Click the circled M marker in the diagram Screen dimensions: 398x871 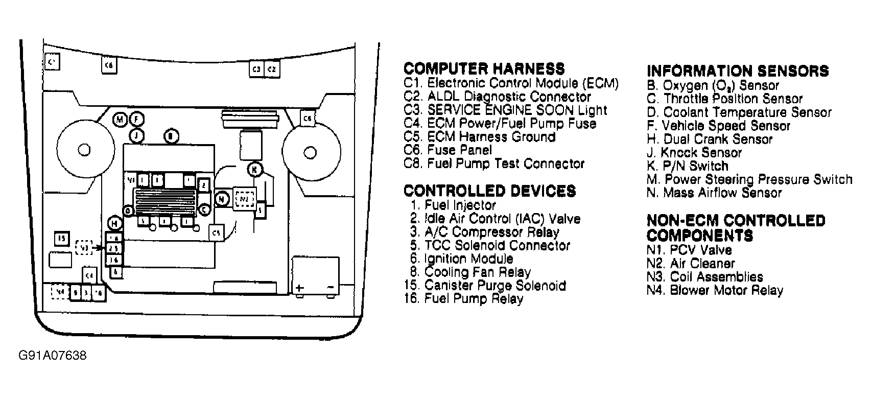120,120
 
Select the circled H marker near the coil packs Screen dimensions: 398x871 115,223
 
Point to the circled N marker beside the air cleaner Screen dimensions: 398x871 222,198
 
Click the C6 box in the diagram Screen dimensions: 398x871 108,65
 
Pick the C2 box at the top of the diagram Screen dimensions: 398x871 272,69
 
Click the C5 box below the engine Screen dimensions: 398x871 217,233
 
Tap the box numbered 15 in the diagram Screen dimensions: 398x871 62,239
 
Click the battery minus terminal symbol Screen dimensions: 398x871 330,288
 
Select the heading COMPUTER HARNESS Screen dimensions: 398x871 484,69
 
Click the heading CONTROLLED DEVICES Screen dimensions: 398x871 489,191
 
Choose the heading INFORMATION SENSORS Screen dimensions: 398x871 737,71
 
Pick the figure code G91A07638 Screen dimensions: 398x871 52,355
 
